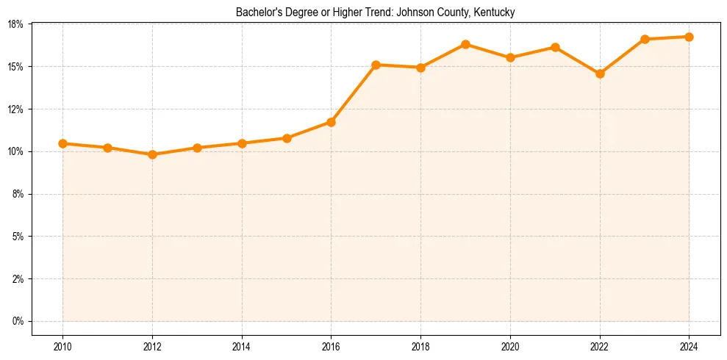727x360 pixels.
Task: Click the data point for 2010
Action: coord(62,143)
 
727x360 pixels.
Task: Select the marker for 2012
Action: coord(152,154)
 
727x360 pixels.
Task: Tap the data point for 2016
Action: coord(331,122)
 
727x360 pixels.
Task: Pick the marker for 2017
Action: coord(376,65)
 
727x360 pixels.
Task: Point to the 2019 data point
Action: coord(465,44)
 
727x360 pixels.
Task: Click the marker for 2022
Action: coord(600,73)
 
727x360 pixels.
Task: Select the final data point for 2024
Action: coord(689,37)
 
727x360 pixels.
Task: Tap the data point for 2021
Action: coord(555,47)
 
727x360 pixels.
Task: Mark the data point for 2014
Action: coord(242,143)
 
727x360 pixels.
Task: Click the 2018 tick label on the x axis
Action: coord(420,345)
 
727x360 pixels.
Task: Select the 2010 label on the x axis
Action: coord(62,345)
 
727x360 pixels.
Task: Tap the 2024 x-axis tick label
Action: coord(689,345)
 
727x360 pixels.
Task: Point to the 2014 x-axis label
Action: coord(242,345)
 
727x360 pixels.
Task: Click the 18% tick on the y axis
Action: coord(15,24)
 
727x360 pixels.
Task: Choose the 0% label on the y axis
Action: coord(18,321)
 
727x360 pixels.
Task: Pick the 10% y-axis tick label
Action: coord(15,151)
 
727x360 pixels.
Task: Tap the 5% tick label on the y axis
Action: coord(18,237)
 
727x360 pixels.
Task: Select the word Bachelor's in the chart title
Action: coord(257,12)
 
